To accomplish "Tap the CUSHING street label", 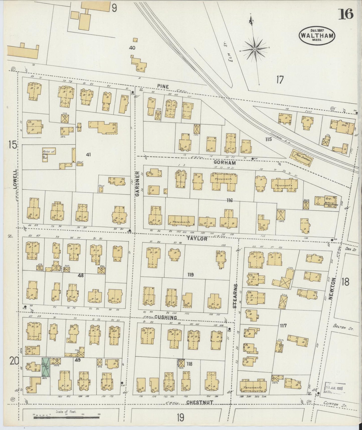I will (166, 317).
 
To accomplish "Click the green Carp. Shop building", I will (46, 367).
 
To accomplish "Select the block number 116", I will (229, 200).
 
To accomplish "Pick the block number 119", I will (190, 275).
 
